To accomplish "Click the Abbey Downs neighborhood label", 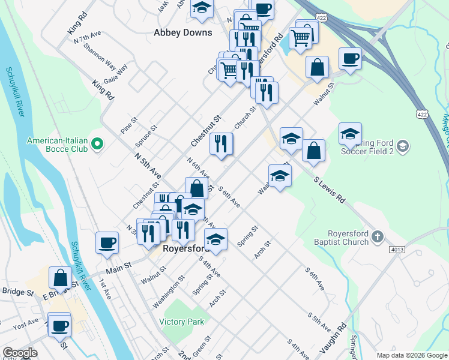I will point(183,32).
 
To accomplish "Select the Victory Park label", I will point(182,322).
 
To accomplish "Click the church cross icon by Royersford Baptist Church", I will point(376,237).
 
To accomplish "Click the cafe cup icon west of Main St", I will point(107,242).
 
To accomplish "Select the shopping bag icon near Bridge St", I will point(60,277).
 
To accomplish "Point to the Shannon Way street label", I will point(100,55).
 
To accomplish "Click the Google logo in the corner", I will point(20,353).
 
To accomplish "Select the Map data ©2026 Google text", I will point(411,355).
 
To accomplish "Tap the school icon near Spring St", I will point(216,238).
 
